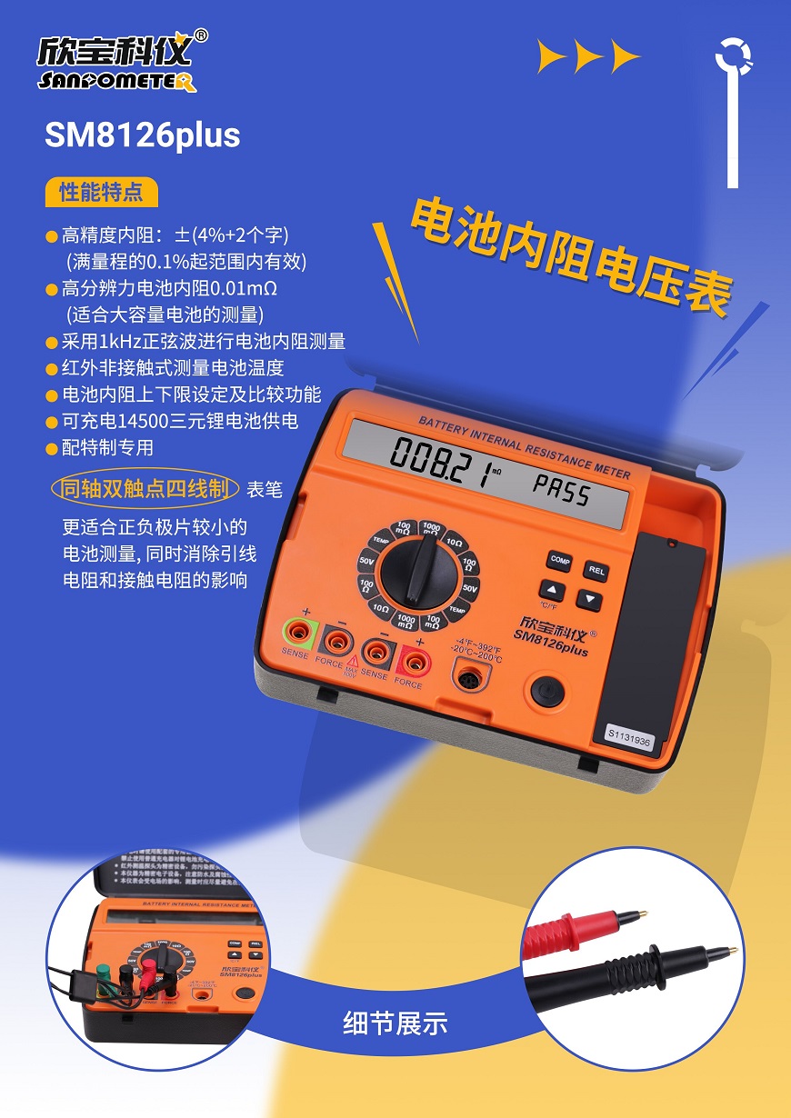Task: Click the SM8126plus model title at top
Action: pyautogui.click(x=143, y=135)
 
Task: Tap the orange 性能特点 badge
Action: pyautogui.click(x=101, y=193)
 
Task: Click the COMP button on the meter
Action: pyautogui.click(x=559, y=561)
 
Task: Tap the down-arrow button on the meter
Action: pyautogui.click(x=589, y=599)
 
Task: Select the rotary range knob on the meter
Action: pyautogui.click(x=418, y=574)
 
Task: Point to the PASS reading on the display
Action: pyautogui.click(x=560, y=492)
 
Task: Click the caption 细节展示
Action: pyautogui.click(x=395, y=1023)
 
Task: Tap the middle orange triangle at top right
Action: pyautogui.click(x=588, y=57)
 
